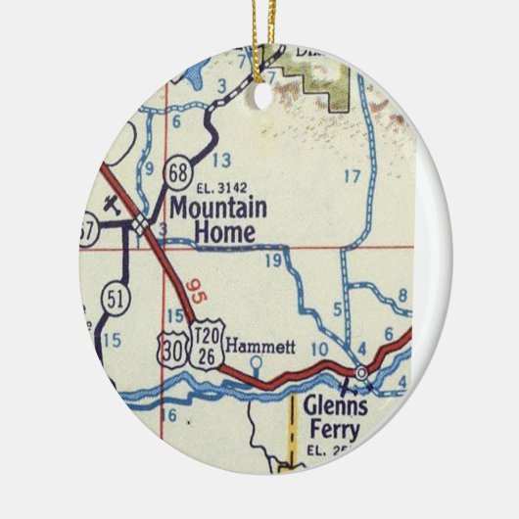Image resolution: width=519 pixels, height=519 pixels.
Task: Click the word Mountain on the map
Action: [217, 209]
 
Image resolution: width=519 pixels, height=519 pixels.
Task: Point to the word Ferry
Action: [332, 430]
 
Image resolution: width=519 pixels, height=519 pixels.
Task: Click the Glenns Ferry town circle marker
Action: [361, 373]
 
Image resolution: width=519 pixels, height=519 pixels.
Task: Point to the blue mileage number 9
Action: [150, 167]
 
